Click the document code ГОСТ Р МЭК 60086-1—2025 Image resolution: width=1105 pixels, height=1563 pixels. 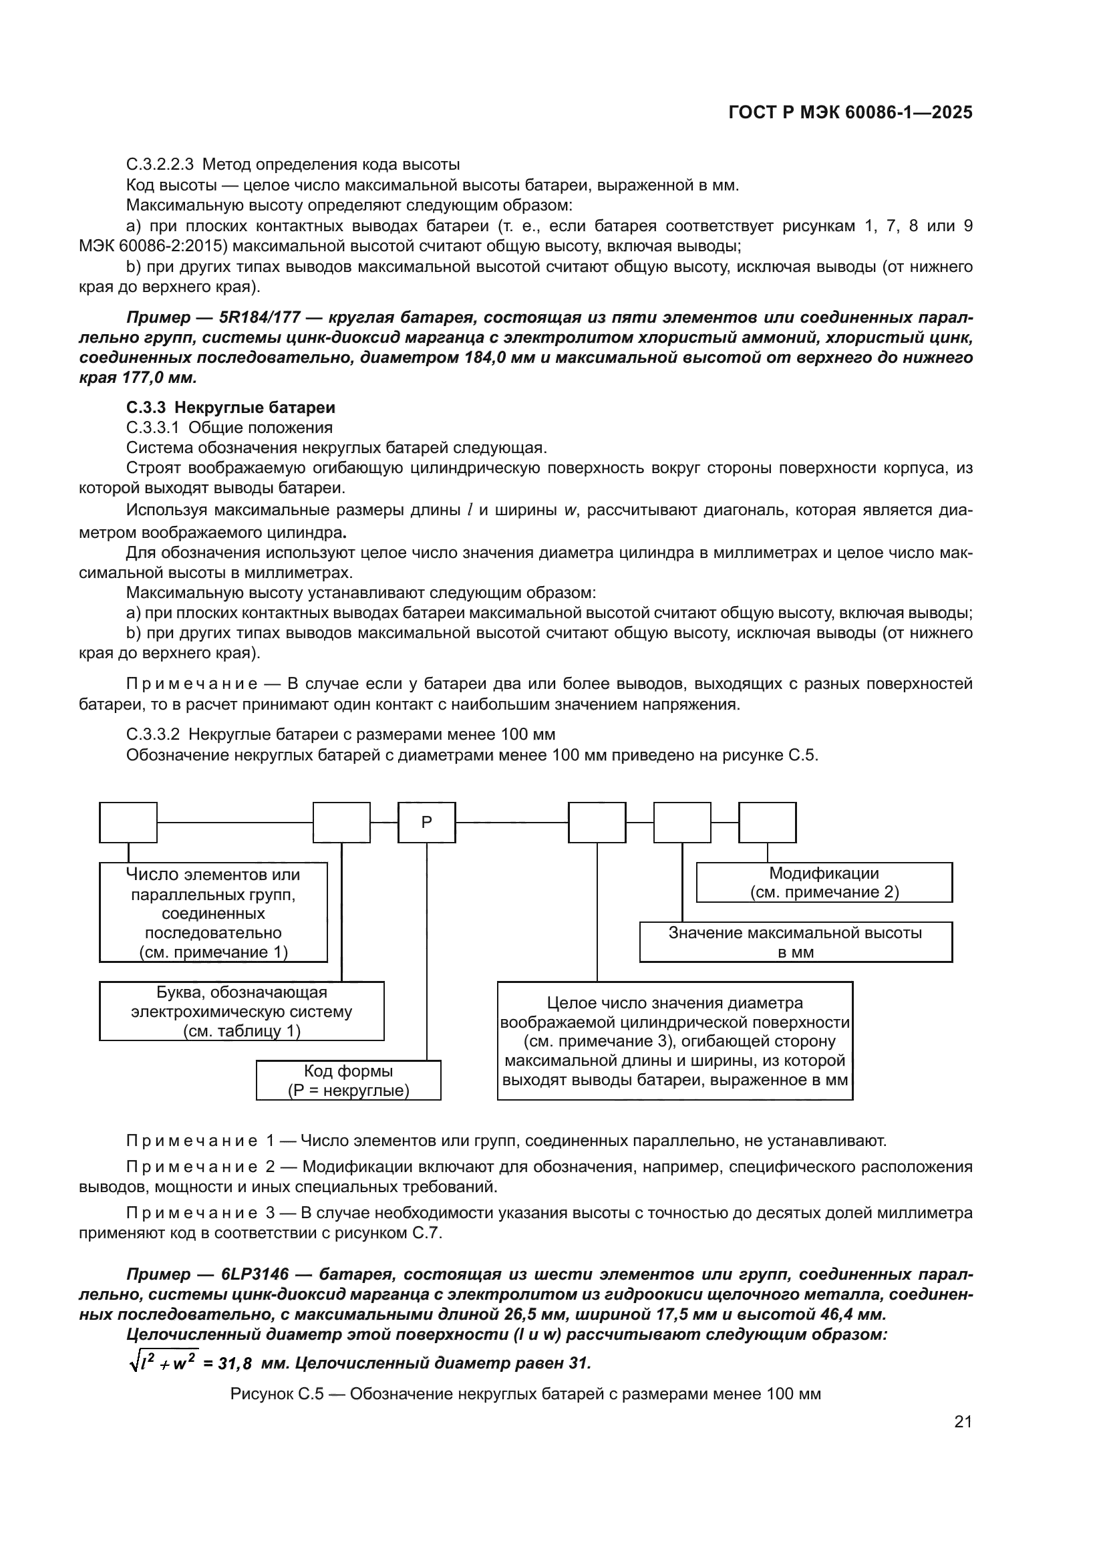coord(850,113)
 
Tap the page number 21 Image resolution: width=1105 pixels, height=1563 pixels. coord(962,1422)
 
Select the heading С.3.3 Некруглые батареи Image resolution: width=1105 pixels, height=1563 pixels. coord(230,408)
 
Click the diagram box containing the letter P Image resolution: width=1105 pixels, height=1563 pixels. coord(427,823)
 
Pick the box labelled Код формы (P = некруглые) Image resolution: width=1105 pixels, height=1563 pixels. coord(348,1081)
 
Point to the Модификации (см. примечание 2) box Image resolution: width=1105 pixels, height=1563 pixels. coord(824,882)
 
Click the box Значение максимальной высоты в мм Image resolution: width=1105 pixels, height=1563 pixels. coord(796,942)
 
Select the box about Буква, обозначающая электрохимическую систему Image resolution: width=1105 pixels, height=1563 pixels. coord(242,1011)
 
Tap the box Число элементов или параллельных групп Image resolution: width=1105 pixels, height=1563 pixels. coord(213,912)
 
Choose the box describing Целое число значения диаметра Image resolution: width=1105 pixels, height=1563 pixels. coord(675,1041)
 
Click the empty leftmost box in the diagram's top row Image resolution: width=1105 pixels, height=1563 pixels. coord(128,823)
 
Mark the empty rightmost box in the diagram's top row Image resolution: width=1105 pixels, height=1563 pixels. coord(767,823)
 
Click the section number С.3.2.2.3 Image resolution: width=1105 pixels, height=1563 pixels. coord(160,165)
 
